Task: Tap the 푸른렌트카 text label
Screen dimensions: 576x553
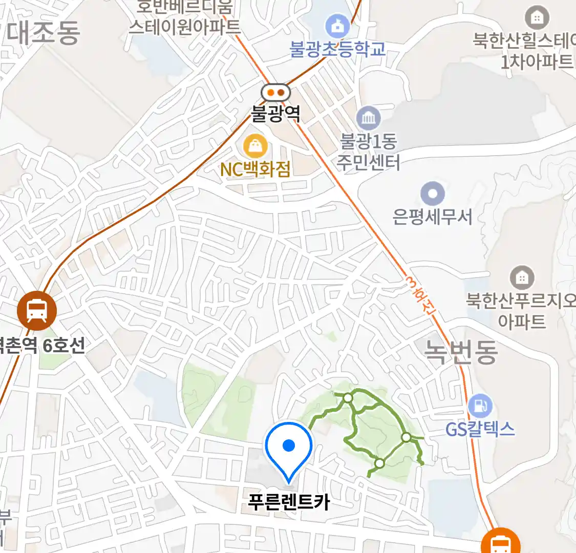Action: pos(289,502)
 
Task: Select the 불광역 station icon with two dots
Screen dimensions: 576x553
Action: pos(275,93)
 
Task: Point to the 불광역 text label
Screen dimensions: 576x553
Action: pos(275,113)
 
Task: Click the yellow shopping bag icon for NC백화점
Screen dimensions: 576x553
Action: pos(255,147)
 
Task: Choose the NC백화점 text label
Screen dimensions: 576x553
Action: pos(255,169)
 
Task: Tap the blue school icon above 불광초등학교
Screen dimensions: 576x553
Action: pos(338,26)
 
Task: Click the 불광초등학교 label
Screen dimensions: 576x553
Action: pos(338,49)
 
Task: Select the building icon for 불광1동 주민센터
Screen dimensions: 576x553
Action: pos(368,119)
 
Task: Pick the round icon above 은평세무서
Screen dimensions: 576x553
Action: pos(433,194)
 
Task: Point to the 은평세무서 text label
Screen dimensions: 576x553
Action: pos(433,217)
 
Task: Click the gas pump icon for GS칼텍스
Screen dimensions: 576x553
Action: pos(480,407)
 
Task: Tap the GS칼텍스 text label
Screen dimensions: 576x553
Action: pos(480,429)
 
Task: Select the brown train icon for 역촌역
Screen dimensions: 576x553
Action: pos(36,310)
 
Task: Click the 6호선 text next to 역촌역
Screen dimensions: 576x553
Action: pos(63,346)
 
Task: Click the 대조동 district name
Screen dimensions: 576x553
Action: pos(43,33)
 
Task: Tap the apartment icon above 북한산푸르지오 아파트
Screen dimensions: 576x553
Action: pos(522,278)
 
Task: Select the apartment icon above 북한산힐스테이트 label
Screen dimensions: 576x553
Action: pos(537,18)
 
